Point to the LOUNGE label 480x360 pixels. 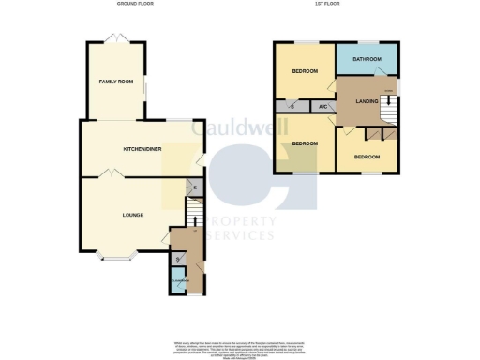[132, 215]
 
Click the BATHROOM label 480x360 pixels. [367, 60]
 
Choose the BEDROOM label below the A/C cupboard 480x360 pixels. [304, 142]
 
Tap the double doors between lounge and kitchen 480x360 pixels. [109, 174]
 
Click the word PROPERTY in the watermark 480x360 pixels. [236, 221]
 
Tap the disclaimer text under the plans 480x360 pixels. [240, 346]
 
